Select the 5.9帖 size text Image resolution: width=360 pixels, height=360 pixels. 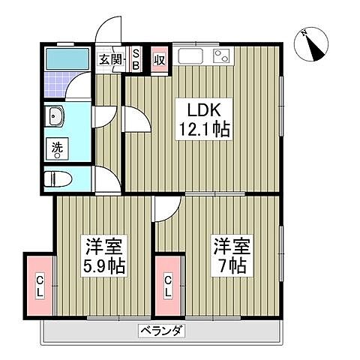[x=104, y=266]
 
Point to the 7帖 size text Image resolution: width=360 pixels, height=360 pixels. [x=229, y=266]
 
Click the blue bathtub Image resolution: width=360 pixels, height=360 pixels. [x=67, y=58]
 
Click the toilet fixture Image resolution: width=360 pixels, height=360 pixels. [x=56, y=179]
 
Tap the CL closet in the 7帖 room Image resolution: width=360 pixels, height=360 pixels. [x=169, y=285]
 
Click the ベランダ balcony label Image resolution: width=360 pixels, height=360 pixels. [x=161, y=330]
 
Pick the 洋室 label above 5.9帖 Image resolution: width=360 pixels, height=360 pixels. [x=104, y=246]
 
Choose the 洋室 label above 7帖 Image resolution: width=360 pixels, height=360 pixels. [x=229, y=246]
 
